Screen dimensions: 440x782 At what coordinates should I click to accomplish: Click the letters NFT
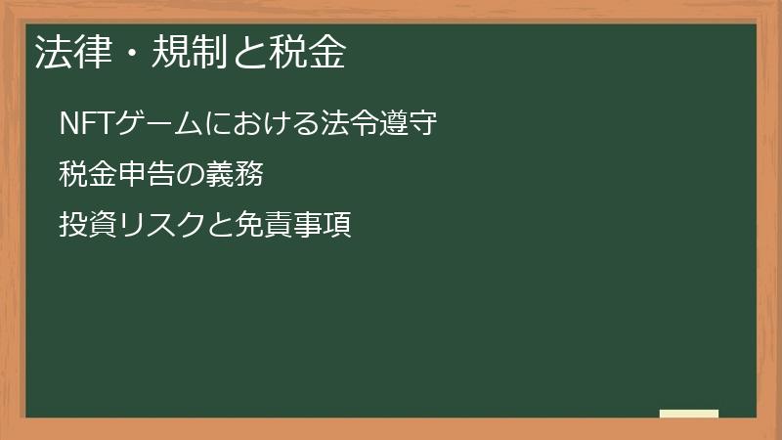coord(87,125)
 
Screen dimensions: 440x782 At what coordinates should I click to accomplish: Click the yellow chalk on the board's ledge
coord(689,414)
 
